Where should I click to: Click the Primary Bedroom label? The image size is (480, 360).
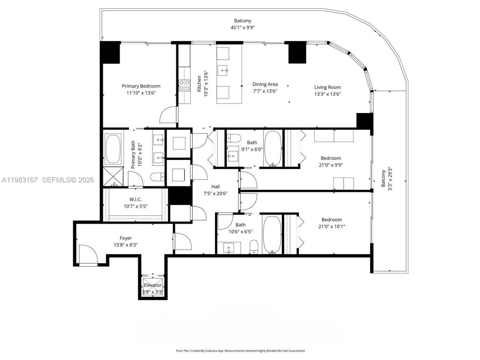pos(141,86)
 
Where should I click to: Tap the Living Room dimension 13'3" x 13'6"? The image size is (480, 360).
pos(327,94)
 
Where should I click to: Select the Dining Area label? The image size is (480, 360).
pos(265,84)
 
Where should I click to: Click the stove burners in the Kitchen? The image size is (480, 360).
pos(184,86)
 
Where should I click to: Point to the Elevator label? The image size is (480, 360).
pos(153,285)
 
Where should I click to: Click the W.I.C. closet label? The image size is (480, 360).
pos(135,200)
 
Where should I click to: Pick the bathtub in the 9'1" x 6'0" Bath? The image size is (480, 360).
pos(273,148)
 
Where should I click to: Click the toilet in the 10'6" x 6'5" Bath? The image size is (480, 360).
pos(254,247)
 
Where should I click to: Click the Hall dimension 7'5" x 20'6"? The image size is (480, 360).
pos(215,194)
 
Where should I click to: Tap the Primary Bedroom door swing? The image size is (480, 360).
pos(169,115)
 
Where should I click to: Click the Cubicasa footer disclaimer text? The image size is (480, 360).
pos(240,351)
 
